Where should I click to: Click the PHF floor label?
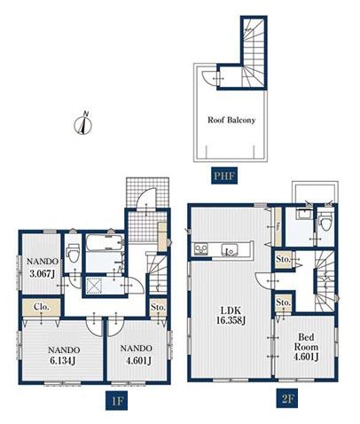click(224, 176)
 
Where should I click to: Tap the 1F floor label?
click(117, 401)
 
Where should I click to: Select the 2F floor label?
click(287, 399)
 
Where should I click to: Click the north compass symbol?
click(83, 123)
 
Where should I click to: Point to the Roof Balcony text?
click(231, 120)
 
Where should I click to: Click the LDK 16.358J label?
click(231, 316)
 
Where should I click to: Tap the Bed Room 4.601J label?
click(306, 347)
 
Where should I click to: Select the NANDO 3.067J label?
click(43, 267)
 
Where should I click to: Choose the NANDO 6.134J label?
click(64, 355)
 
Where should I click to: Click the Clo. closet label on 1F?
click(42, 307)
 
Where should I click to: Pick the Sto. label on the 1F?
click(158, 307)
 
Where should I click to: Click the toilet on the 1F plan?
click(73, 254)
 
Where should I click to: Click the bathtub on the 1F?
click(105, 242)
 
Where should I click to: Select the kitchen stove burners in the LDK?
click(201, 249)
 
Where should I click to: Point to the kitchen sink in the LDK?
click(230, 250)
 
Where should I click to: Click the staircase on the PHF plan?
click(254, 52)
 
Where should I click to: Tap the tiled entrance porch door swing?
click(147, 197)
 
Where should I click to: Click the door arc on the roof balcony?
click(209, 78)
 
